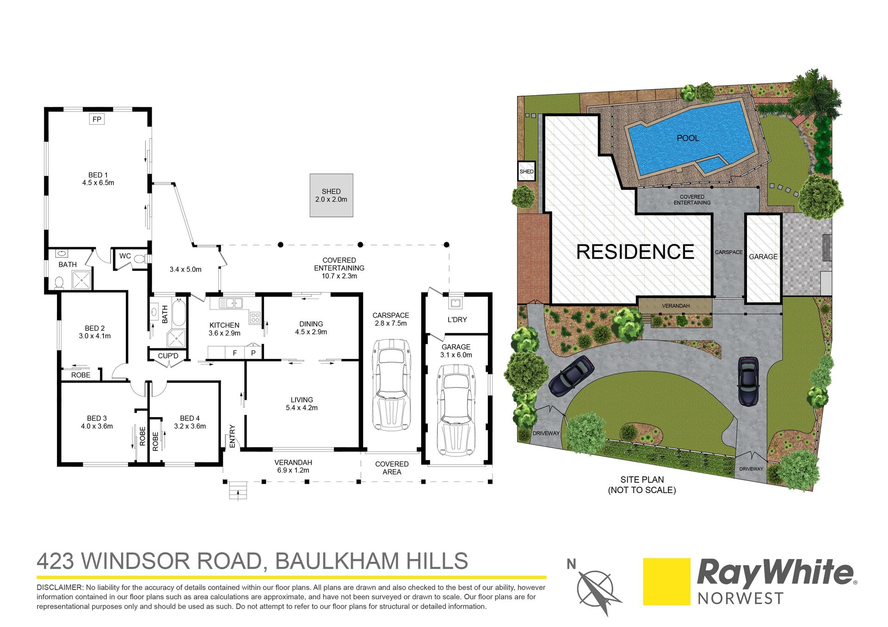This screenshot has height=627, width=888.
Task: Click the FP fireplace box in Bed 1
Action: click(x=97, y=119)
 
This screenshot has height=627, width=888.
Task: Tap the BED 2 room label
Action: click(x=95, y=329)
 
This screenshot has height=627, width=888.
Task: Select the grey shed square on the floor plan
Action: click(x=331, y=195)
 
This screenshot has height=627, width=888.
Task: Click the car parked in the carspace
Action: click(x=391, y=385)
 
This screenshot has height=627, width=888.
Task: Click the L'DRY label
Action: click(x=457, y=319)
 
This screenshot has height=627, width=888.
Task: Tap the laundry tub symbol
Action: click(x=455, y=303)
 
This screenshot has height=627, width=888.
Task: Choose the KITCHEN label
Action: click(x=224, y=325)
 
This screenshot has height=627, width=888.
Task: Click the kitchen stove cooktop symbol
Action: click(x=255, y=317)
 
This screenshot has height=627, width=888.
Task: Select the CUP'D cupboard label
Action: click(x=168, y=356)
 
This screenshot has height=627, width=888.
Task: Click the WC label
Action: click(x=125, y=256)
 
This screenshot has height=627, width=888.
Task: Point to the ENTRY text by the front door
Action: click(x=232, y=436)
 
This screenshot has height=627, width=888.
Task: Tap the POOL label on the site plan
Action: click(x=688, y=138)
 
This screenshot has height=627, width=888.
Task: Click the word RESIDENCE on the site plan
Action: click(x=635, y=252)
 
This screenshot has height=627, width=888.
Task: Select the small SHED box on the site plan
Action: click(x=526, y=171)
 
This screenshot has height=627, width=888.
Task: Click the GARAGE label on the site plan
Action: click(x=763, y=256)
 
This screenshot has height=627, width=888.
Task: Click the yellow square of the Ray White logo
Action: click(x=667, y=582)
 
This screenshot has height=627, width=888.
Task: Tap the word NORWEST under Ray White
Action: click(x=740, y=599)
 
